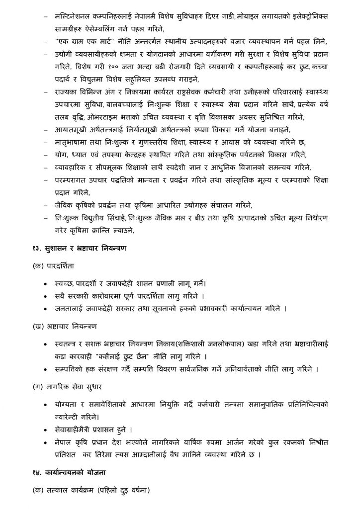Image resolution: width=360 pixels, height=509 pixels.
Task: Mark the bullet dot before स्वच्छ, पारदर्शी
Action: [46, 283]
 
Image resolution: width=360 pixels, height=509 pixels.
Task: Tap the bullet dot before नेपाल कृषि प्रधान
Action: [46, 441]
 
